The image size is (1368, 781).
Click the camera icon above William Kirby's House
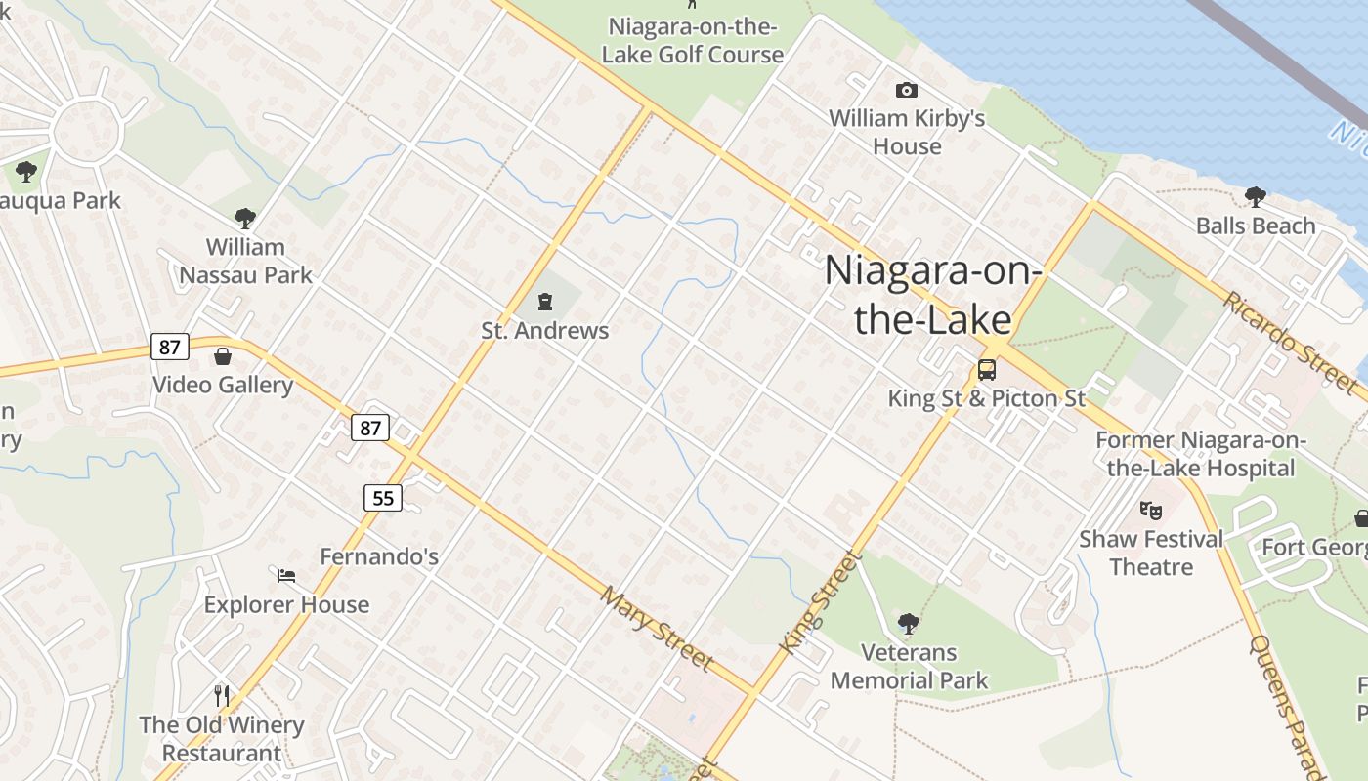(907, 91)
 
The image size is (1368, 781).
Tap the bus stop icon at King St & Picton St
(987, 370)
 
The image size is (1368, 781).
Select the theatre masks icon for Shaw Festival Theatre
(1151, 510)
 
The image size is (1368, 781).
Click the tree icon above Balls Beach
(1256, 197)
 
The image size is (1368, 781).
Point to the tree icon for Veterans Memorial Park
(909, 623)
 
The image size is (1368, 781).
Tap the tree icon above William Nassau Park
(245, 219)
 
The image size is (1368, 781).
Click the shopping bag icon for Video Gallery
(223, 356)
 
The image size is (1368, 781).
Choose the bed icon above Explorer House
(286, 576)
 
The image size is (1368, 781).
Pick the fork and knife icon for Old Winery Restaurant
(222, 695)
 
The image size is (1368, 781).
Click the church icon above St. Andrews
(544, 302)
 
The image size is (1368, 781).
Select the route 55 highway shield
(383, 498)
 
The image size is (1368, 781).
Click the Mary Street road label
(657, 629)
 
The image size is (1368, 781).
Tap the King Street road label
(822, 602)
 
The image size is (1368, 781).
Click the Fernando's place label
(379, 557)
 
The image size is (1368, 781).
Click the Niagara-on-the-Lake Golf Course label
(692, 40)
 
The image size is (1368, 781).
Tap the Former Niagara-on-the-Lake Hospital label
(1200, 454)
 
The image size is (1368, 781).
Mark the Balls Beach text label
(1256, 226)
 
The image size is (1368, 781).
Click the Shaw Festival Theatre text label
(1151, 553)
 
